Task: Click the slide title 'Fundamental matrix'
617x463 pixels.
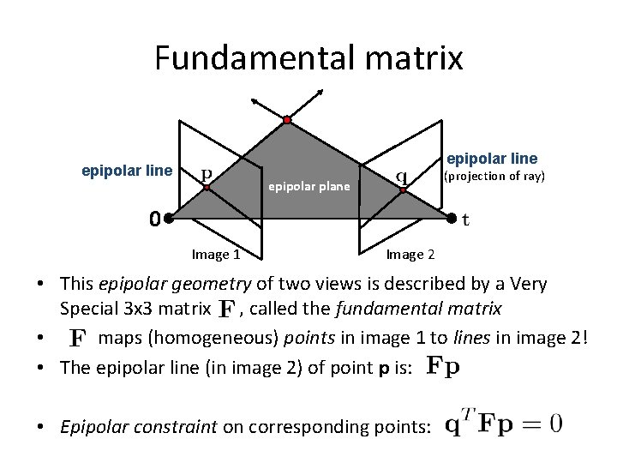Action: tap(308, 58)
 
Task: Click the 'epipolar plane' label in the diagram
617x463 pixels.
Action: tap(309, 185)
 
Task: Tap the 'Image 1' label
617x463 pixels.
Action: tap(215, 254)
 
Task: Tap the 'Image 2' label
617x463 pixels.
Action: tap(410, 254)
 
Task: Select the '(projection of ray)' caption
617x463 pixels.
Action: tap(493, 177)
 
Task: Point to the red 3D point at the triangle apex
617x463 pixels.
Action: tap(287, 119)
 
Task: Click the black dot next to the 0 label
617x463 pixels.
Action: tap(170, 219)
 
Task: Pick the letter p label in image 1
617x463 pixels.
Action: tap(207, 175)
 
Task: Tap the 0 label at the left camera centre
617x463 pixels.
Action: tap(153, 219)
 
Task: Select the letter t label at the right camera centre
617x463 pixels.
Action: tap(465, 219)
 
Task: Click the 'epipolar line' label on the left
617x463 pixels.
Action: tap(126, 170)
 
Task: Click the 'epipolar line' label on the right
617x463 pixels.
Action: tap(492, 158)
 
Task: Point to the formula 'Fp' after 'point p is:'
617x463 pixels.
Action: tap(442, 366)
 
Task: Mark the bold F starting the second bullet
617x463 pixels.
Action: tap(76, 339)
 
